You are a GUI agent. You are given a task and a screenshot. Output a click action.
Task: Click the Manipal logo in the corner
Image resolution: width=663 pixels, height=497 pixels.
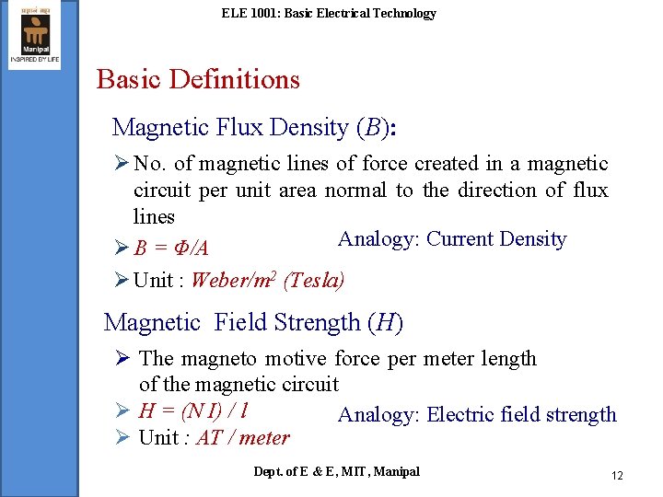tap(34, 35)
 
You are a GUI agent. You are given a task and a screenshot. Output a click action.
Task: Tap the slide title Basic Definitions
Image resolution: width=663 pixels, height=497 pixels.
tap(198, 79)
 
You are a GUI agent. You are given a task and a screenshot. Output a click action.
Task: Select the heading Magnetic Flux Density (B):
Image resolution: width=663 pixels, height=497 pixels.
tap(253, 128)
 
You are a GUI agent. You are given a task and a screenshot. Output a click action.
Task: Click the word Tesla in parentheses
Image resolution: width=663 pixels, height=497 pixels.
tap(314, 280)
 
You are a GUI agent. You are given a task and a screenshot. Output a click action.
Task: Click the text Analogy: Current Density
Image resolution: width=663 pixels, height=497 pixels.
tap(451, 239)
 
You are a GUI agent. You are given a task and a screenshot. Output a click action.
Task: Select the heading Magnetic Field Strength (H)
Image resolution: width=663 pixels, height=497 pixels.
tap(253, 322)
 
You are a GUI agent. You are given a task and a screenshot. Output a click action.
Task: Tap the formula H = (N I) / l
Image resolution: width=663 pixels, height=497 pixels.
tap(196, 410)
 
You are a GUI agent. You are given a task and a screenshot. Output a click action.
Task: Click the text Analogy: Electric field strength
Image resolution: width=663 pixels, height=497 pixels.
tap(477, 415)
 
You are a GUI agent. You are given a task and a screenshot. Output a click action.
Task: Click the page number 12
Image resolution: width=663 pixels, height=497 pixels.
tap(617, 475)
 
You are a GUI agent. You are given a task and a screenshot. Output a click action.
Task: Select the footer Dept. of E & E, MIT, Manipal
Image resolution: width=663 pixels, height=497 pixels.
tap(336, 471)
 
